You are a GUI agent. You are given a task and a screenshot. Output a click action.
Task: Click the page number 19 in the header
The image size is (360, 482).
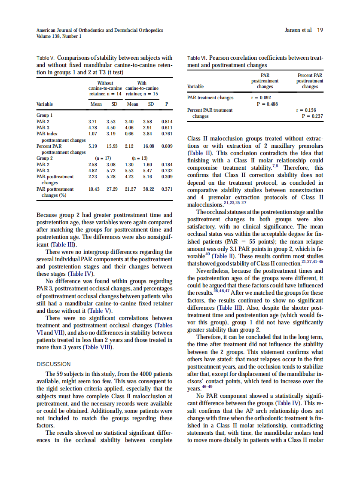coord(320,30)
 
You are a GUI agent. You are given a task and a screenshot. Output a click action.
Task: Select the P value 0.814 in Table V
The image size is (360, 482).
coord(166,122)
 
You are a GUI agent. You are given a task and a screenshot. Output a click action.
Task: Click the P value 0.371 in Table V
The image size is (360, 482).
coord(166,189)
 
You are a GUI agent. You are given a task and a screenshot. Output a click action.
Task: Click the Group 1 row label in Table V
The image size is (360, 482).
coord(45,116)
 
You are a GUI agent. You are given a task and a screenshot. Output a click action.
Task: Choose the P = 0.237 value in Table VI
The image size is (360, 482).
coord(312,116)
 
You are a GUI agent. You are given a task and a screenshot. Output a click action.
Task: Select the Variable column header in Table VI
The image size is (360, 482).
coord(196,86)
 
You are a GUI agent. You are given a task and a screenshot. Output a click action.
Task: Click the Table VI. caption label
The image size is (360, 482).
coord(198,58)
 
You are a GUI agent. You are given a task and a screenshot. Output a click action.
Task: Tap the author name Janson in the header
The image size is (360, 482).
coord(292,30)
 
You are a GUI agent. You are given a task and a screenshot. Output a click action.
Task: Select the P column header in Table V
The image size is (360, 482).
coord(166,104)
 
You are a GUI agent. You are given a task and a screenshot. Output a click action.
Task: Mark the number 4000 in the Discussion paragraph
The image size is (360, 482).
coord(131,373)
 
